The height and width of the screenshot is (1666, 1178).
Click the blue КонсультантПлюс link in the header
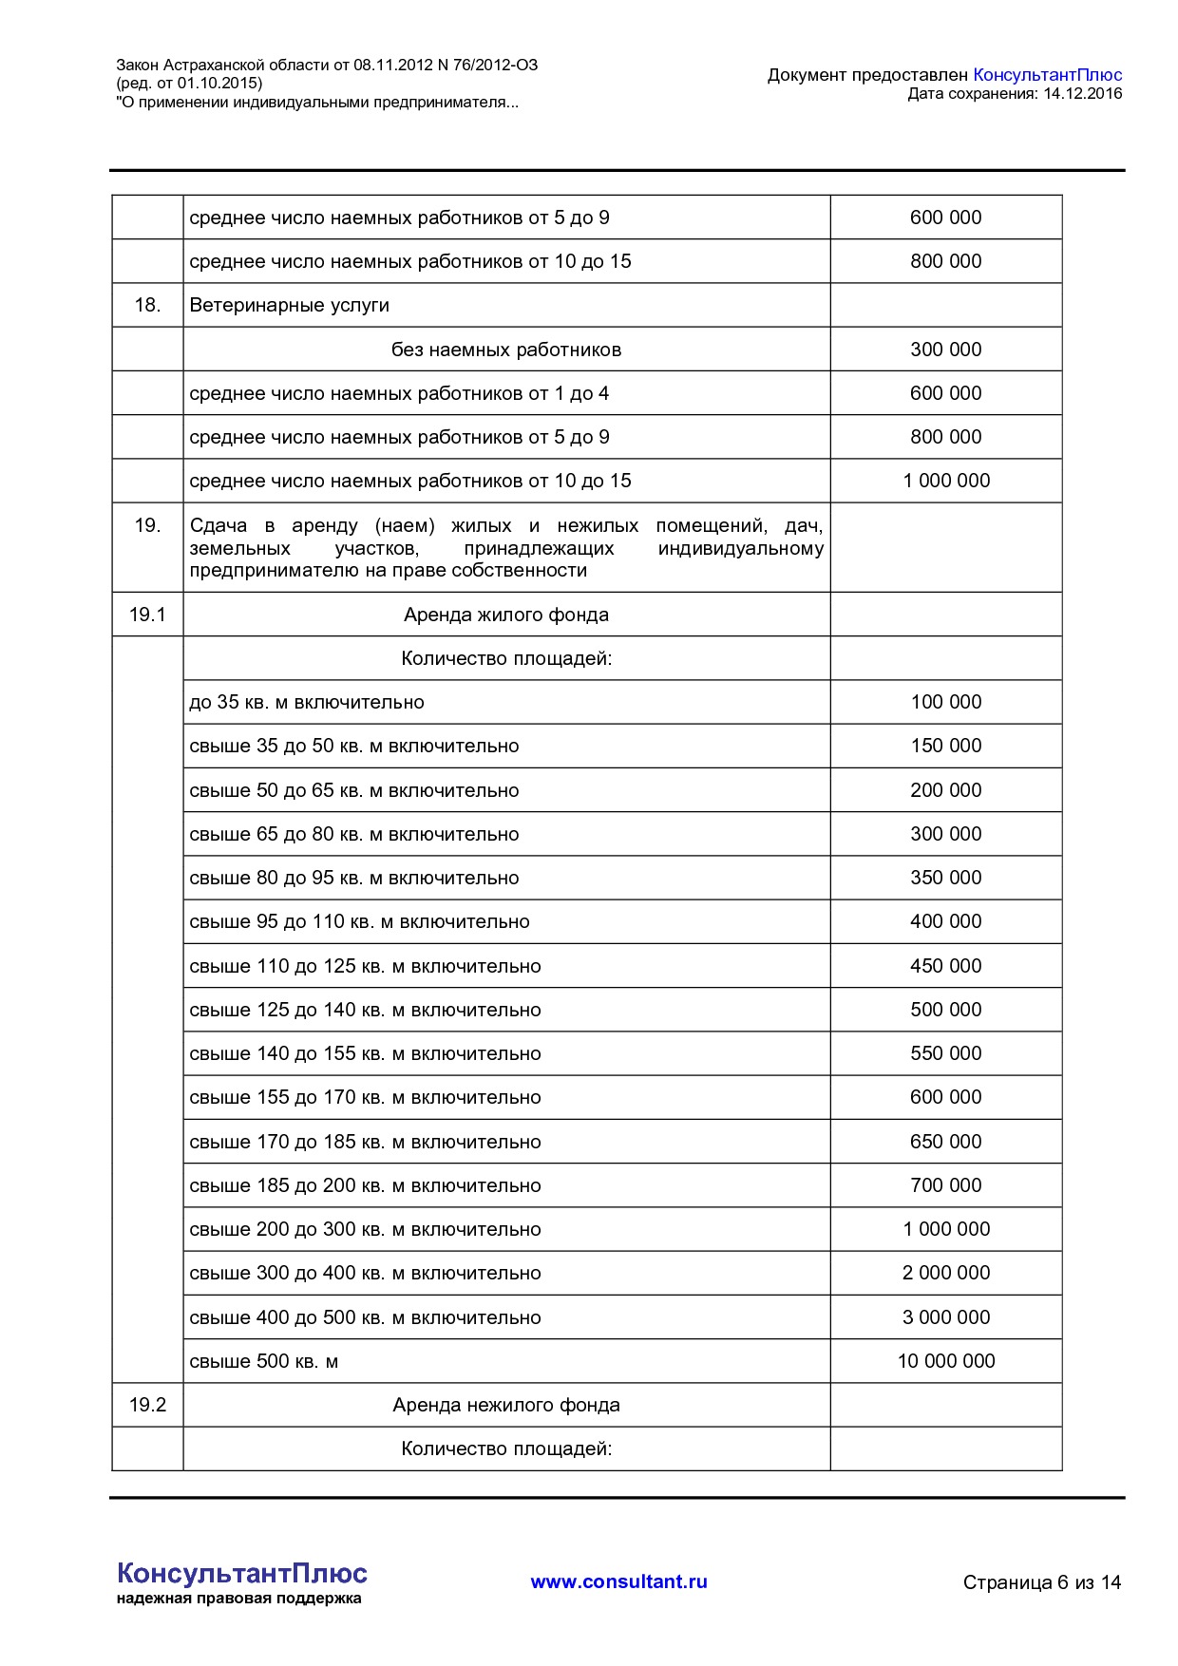(1047, 75)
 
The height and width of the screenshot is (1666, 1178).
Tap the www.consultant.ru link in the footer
(618, 1581)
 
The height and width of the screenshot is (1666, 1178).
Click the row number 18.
(147, 305)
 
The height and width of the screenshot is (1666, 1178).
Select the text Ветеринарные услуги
(290, 305)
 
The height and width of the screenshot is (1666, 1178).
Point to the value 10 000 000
(945, 1361)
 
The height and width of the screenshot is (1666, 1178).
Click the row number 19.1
(147, 615)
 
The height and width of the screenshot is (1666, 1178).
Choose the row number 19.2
(147, 1405)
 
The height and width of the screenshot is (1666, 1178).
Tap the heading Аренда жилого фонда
(505, 615)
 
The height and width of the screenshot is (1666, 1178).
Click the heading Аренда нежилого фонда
(505, 1405)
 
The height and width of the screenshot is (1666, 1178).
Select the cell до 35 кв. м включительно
(307, 702)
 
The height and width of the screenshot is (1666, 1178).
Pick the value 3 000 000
(945, 1317)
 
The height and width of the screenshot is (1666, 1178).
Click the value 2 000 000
(945, 1273)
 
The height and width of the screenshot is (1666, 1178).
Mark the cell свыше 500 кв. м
(264, 1361)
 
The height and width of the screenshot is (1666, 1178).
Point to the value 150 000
(945, 746)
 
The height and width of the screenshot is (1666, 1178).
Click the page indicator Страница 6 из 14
(1041, 1582)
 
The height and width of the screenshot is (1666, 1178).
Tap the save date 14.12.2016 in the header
(1082, 94)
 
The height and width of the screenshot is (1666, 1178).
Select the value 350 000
(945, 878)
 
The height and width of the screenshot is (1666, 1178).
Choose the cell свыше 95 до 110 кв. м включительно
(359, 921)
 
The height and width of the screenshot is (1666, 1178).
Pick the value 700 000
(945, 1185)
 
